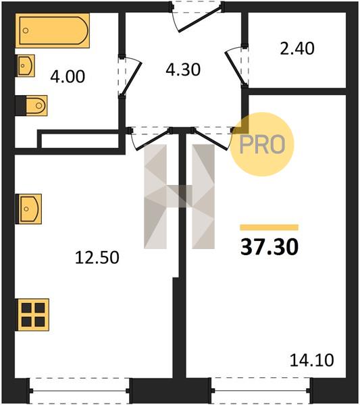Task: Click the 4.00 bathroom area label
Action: [x=68, y=77]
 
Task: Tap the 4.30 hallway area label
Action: [x=183, y=70]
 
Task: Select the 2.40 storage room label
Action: [x=297, y=49]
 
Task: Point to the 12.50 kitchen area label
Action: [x=97, y=258]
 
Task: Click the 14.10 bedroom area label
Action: [x=311, y=360]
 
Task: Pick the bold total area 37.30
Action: [x=269, y=247]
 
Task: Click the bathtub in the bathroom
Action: [x=53, y=30]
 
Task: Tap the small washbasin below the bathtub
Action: [x=26, y=65]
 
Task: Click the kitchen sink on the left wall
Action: [x=28, y=209]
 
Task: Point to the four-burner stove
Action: [x=32, y=315]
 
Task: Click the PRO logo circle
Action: [x=262, y=144]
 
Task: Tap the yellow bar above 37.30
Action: [x=269, y=227]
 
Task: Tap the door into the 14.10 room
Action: [x=213, y=140]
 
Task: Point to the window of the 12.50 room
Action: [x=79, y=391]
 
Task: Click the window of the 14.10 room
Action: [x=261, y=391]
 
